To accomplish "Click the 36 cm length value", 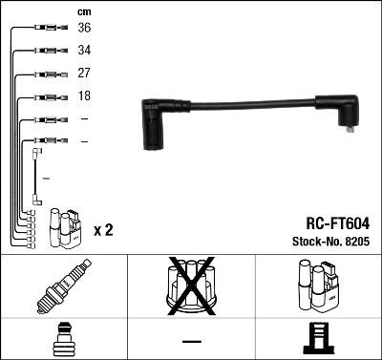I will click(x=84, y=29).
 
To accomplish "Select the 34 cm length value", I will click(x=84, y=51).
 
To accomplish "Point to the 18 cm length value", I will click(x=84, y=96).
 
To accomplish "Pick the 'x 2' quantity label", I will click(x=104, y=231).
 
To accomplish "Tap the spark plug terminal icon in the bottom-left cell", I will click(x=63, y=338).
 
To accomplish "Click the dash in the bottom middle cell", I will click(x=191, y=340).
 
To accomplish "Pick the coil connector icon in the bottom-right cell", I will click(x=318, y=338).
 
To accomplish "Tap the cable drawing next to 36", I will click(x=48, y=29).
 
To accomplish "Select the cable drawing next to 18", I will click(x=48, y=96).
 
